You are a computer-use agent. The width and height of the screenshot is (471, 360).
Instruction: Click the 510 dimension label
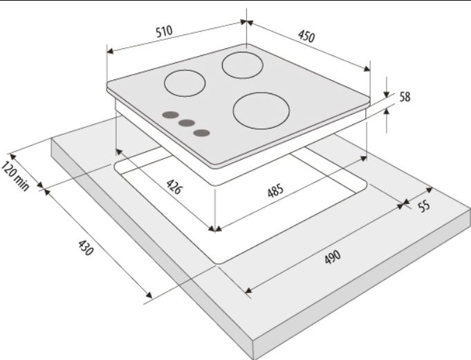point(164,31)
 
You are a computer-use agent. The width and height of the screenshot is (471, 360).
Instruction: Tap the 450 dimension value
point(306,36)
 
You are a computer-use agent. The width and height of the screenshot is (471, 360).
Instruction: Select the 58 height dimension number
point(405,97)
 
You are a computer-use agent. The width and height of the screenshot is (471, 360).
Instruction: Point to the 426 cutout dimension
point(174,187)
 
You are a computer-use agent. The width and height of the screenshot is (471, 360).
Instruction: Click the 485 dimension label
point(275,191)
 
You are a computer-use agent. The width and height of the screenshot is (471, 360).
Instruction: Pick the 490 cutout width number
point(333,258)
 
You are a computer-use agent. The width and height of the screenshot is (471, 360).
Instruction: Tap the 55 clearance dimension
point(424,206)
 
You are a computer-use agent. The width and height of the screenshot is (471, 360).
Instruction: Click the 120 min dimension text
point(15,176)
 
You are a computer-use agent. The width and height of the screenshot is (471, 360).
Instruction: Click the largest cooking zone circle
point(261,111)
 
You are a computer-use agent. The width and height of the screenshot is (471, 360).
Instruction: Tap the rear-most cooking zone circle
point(242,66)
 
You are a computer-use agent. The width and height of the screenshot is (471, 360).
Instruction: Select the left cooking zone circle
point(185,83)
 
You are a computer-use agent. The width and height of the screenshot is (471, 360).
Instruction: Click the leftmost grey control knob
point(170,115)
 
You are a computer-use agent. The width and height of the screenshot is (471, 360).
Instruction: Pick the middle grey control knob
point(186,123)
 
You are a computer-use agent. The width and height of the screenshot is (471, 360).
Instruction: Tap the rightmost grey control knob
point(201,133)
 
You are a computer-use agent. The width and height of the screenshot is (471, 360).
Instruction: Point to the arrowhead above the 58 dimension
point(387,93)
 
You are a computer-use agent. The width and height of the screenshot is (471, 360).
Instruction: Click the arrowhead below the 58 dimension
point(387,111)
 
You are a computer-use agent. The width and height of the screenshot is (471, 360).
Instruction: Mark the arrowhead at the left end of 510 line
point(111,51)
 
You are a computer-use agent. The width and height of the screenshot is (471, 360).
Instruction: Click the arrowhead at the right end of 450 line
point(367,68)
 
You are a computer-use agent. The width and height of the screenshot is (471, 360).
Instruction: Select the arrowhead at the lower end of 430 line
point(149,295)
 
